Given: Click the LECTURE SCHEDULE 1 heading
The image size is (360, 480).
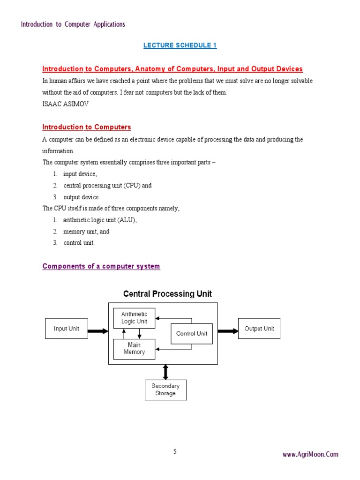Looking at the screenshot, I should pyautogui.click(x=180, y=45).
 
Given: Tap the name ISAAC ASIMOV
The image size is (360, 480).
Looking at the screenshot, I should pyautogui.click(x=65, y=104).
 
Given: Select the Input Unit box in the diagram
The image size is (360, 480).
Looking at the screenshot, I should pyautogui.click(x=67, y=329).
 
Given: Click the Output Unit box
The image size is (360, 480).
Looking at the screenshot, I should pyautogui.click(x=259, y=329).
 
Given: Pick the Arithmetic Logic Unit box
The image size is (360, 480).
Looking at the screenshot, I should pyautogui.click(x=134, y=318).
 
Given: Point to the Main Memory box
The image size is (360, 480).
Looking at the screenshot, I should pyautogui.click(x=134, y=349).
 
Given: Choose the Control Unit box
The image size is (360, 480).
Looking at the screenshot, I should pyautogui.click(x=191, y=334).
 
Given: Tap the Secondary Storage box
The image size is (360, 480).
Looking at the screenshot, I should pyautogui.click(x=165, y=390).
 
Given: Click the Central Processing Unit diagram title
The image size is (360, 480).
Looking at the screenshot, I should pyautogui.click(x=167, y=294).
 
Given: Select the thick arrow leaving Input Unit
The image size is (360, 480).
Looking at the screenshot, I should pyautogui.click(x=98, y=331).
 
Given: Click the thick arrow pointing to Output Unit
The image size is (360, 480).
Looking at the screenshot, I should pyautogui.click(x=228, y=331).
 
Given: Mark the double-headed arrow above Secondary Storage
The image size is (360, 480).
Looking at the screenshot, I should pyautogui.click(x=165, y=372).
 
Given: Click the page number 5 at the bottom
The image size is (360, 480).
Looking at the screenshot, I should pyautogui.click(x=175, y=452).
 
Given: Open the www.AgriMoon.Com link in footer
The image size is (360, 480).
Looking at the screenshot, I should pyautogui.click(x=310, y=454).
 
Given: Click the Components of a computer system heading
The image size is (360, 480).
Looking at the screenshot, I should pyautogui.click(x=101, y=266).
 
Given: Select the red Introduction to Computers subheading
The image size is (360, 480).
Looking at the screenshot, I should pyautogui.click(x=87, y=127).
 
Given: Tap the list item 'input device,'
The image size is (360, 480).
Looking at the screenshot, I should pyautogui.click(x=80, y=174).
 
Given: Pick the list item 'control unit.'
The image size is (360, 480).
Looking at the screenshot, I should pyautogui.click(x=79, y=243).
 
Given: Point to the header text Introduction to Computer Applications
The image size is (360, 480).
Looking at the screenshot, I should pyautogui.click(x=73, y=24).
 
